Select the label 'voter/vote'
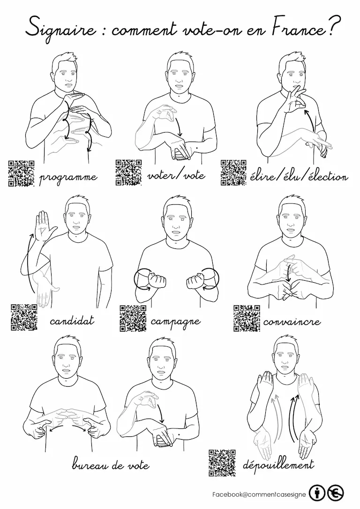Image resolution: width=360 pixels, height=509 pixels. tap(176, 175)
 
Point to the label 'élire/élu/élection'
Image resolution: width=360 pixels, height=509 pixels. tap(299, 176)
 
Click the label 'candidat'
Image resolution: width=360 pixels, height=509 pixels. tap(72, 321)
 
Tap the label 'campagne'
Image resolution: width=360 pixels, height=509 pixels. tap(176, 322)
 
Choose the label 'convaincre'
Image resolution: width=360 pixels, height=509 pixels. tap(292, 322)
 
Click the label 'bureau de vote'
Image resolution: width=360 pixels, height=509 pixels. tap(111, 464)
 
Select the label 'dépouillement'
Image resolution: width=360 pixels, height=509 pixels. tap(278, 464)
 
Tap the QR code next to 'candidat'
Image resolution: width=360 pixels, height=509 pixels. tap(24, 317)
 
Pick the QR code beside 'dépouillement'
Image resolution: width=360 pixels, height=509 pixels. tap(222, 463)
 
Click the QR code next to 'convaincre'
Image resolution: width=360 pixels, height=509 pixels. tap(247, 318)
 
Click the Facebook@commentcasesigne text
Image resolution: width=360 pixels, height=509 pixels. tap(259, 494)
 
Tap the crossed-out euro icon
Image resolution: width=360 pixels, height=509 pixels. tap(335, 494)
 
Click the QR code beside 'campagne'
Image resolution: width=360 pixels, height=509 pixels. tap(133, 318)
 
